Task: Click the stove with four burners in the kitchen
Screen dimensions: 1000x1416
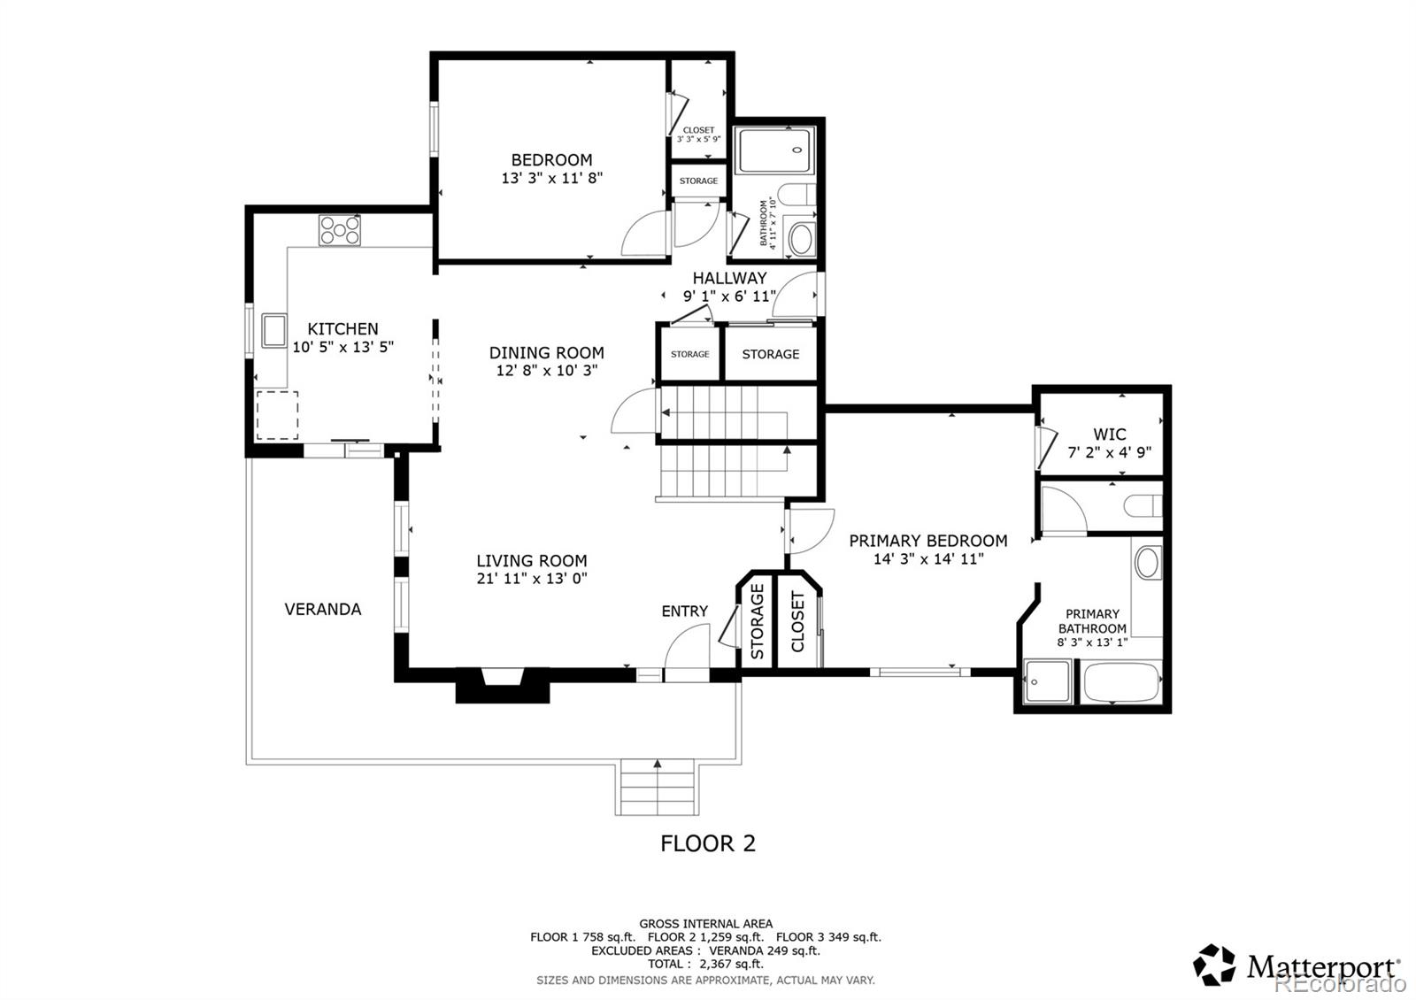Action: coord(340,231)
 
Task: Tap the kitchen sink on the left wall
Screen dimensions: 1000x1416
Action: coord(273,330)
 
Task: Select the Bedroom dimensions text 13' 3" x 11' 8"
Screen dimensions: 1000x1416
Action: coord(551,178)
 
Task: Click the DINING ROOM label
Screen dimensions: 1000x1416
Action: coord(546,352)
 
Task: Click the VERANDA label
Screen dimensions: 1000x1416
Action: coord(322,609)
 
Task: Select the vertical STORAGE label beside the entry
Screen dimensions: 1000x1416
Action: coord(758,621)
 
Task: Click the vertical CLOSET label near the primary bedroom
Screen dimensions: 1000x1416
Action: coord(797,621)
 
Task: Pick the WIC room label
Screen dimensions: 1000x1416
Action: coord(1109,434)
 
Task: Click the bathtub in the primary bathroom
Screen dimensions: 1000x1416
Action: coord(1120,683)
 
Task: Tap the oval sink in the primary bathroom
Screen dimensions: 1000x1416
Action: coord(1147,563)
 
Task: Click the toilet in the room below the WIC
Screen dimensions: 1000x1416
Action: coord(1142,506)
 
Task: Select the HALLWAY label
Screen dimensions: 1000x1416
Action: coord(729,278)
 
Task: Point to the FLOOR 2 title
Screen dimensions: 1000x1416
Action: coord(708,843)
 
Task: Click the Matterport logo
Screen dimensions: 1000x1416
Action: coord(1297,965)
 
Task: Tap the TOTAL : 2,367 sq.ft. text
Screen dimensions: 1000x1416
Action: coord(705,964)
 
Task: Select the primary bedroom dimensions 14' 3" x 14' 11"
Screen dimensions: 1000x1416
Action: coord(927,559)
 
